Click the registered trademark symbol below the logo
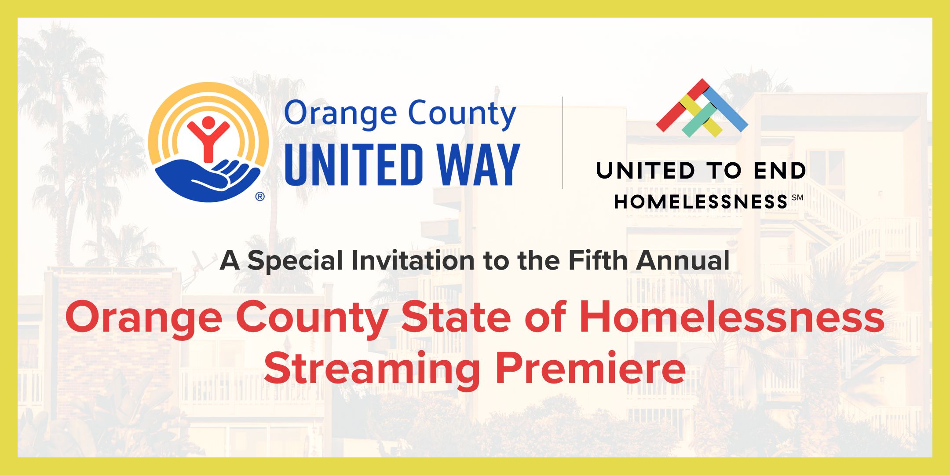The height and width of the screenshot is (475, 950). point(260,197)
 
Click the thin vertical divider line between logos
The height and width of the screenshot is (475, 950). point(563,143)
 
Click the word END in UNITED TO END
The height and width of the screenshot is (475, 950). point(779,171)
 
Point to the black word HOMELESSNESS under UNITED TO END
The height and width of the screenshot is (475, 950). point(701,202)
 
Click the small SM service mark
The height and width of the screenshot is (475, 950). point(797,197)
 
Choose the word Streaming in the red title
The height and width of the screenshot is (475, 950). point(372,369)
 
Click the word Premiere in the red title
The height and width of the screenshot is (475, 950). point(590,369)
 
